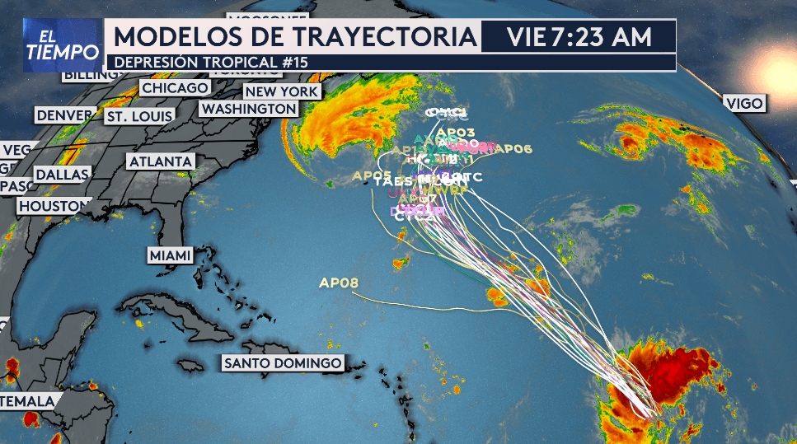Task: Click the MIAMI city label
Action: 170,255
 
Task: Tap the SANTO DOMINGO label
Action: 283,362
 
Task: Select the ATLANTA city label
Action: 161,161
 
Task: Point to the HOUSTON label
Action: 54,205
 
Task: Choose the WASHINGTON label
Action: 249,109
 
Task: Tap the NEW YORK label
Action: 282,91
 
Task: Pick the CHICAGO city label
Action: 175,87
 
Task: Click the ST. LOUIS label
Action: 139,116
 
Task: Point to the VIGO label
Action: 743,103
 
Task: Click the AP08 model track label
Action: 339,283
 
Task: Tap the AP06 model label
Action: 516,149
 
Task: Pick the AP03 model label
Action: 456,132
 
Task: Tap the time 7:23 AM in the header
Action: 602,37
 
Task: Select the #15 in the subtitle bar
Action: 297,62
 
